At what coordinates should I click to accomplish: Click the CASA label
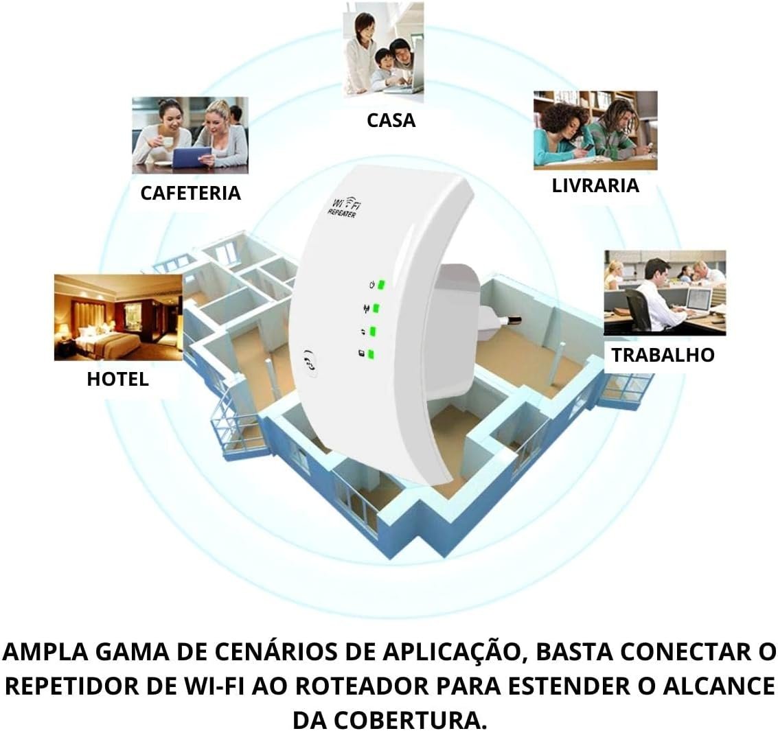(391, 120)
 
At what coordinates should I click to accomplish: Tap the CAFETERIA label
(190, 193)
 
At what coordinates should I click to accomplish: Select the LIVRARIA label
(595, 185)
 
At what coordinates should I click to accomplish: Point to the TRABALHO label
(663, 355)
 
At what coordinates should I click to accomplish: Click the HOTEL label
(117, 379)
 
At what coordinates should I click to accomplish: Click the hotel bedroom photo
(117, 317)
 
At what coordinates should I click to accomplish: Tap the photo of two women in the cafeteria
(190, 135)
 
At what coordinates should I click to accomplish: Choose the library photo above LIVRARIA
(595, 130)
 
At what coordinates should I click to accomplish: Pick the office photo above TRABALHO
(664, 292)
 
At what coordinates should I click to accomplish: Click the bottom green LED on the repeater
(371, 355)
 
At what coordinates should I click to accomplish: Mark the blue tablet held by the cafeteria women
(192, 158)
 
